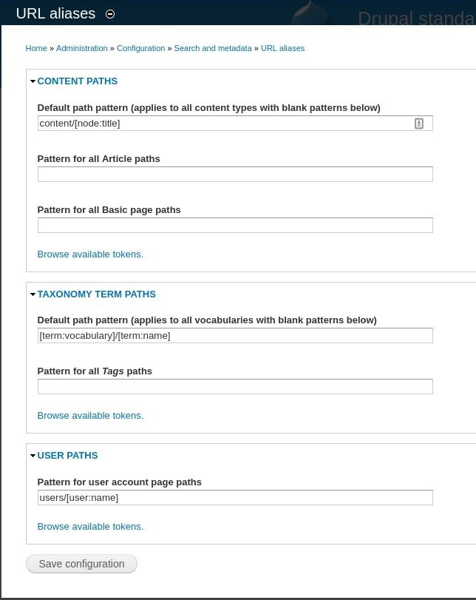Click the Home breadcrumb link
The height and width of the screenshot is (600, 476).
(36, 48)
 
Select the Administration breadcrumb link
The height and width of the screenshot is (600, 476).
(82, 48)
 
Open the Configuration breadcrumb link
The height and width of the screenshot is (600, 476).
(140, 48)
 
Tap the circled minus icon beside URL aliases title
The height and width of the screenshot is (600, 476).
(110, 14)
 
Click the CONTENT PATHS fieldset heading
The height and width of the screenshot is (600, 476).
(77, 81)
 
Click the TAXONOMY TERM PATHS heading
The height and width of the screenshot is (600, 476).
(96, 294)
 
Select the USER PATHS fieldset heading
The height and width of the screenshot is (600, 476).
(67, 456)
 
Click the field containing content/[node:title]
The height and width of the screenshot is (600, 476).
(222, 124)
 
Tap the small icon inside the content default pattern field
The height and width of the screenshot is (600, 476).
(419, 124)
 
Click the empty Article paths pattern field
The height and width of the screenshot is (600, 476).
(235, 175)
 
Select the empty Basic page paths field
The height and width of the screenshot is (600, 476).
(235, 226)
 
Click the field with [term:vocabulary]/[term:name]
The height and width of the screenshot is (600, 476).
(235, 336)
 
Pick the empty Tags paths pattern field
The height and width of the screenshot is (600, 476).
(235, 387)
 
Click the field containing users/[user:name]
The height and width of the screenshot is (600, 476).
(235, 498)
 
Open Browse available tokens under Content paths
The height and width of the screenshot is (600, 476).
(90, 255)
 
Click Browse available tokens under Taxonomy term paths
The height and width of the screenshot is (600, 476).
(90, 416)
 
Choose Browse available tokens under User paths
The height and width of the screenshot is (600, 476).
(90, 527)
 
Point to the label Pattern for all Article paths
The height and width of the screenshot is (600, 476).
(98, 159)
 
